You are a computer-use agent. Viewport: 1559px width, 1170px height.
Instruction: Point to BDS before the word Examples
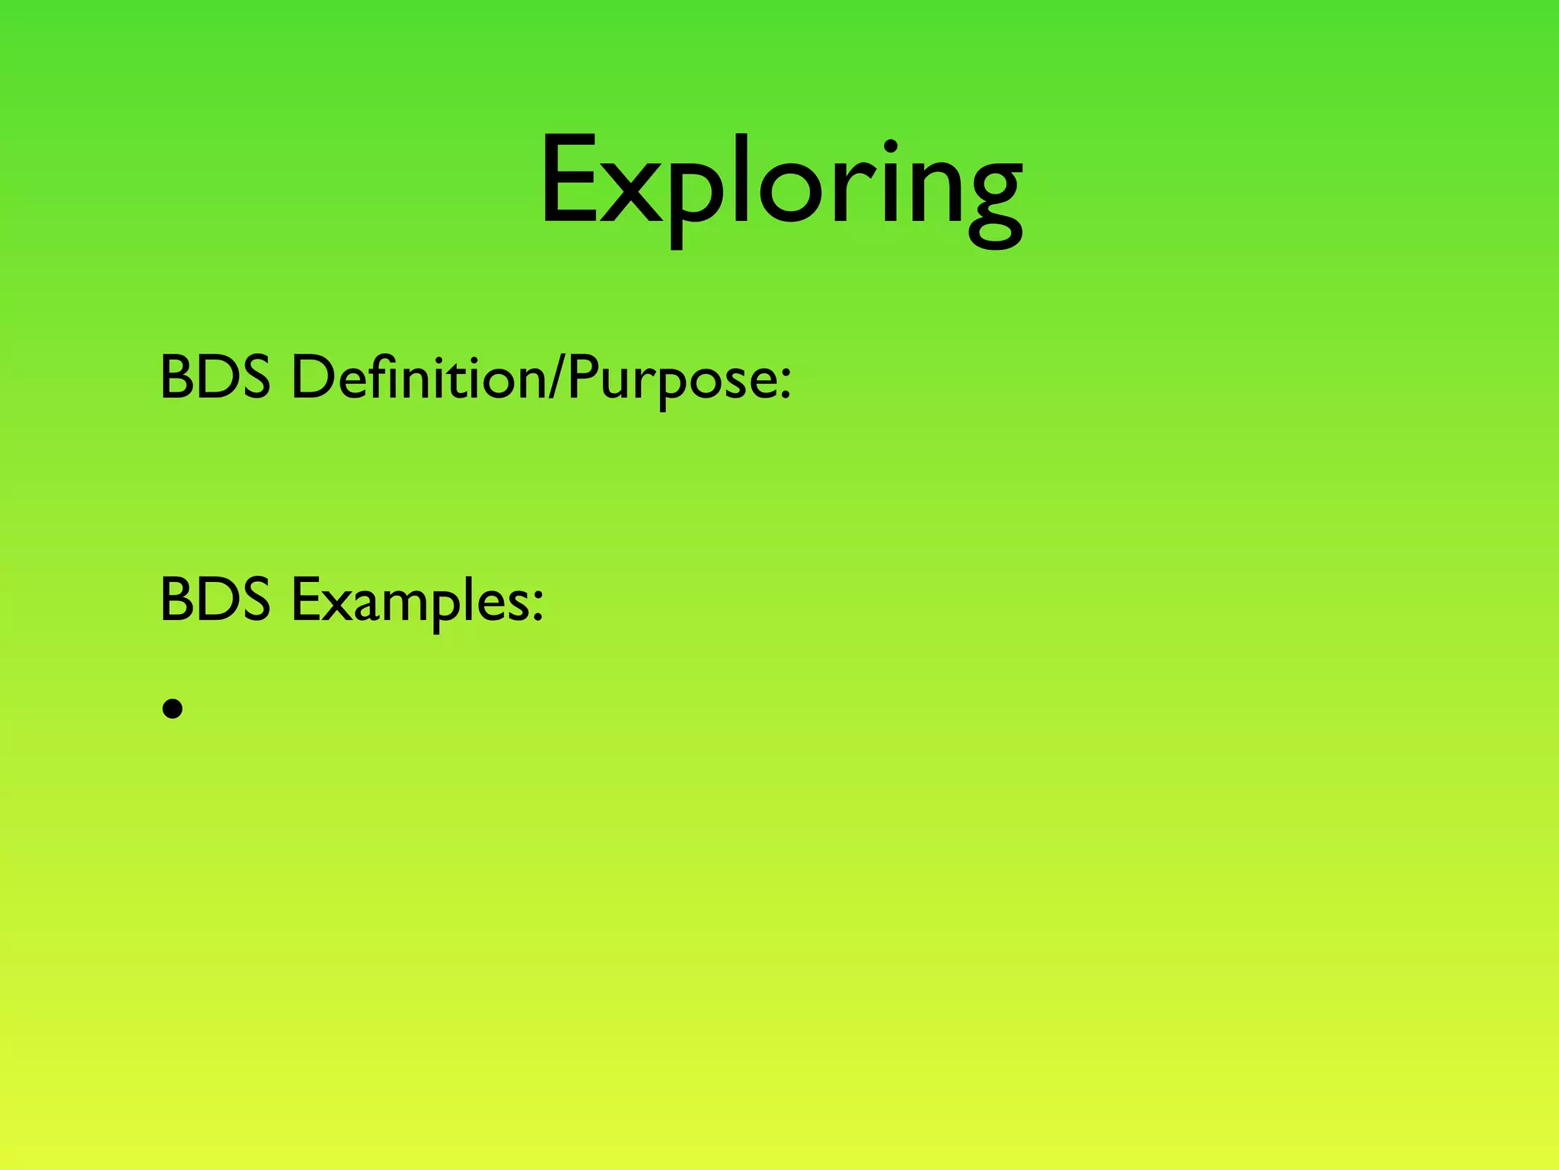point(215,599)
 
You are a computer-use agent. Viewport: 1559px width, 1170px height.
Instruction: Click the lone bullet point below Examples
point(173,709)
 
